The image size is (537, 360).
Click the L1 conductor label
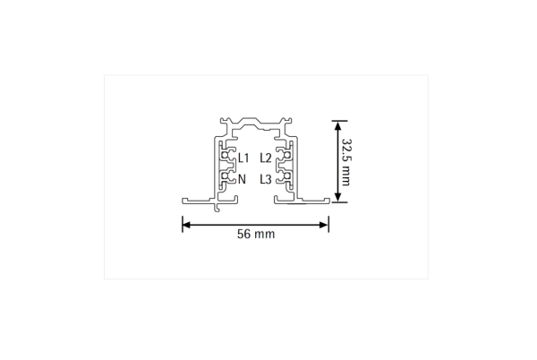243,159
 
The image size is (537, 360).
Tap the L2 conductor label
266,159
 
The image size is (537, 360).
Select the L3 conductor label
266,179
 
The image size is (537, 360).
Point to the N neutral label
243,179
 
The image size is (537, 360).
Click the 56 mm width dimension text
255,235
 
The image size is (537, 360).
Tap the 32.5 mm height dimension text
345,161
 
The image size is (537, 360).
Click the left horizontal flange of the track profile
198,200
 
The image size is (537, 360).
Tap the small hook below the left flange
218,207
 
